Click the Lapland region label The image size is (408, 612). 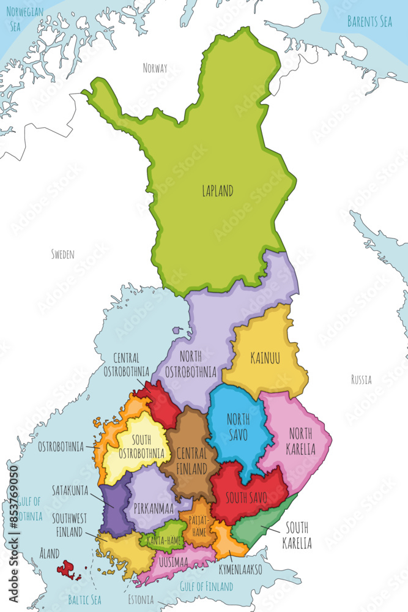[x=217, y=191]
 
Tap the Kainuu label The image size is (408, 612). [x=265, y=358]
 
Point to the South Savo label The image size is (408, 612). [x=245, y=497]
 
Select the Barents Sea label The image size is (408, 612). [x=369, y=22]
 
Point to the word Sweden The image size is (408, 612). [x=62, y=254]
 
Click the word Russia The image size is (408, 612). [x=361, y=380]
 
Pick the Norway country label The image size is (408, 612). [x=155, y=68]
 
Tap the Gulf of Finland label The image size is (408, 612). [x=206, y=586]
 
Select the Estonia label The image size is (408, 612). [x=141, y=599]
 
